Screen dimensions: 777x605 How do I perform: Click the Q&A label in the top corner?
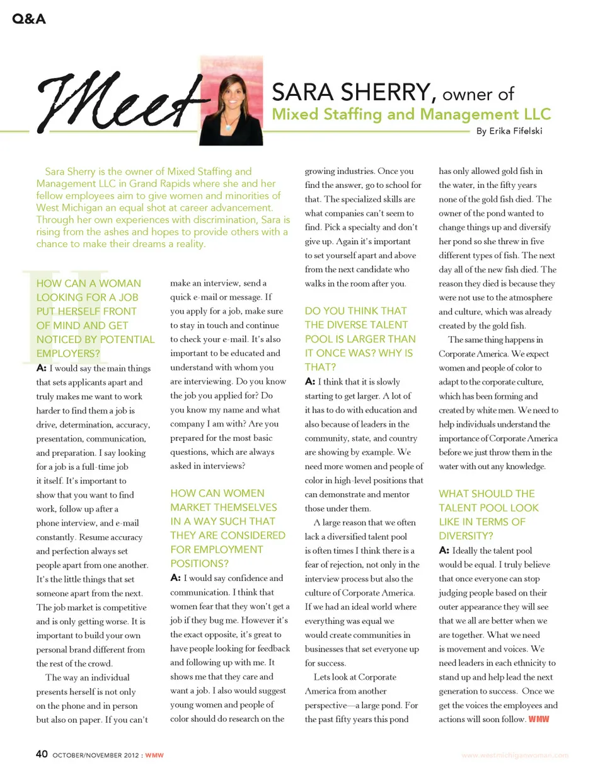point(29,19)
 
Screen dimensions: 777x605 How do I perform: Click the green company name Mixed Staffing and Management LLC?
point(411,114)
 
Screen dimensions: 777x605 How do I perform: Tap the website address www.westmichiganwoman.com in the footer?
point(515,755)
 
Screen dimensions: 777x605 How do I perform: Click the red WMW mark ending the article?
point(539,719)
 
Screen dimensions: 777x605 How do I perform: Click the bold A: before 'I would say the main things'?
point(42,368)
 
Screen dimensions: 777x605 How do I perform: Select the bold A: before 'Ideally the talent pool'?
point(444,551)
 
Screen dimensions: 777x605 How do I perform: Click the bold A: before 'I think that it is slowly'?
point(310,381)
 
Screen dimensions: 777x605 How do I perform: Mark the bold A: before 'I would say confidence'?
point(176,578)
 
